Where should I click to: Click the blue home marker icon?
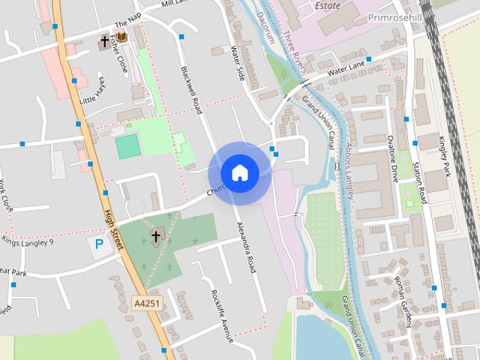point(239,172)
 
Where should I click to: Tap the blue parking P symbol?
point(96,245)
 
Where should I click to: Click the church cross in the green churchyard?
point(156,237)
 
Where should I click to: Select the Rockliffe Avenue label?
point(223,316)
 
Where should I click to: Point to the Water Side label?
point(238,63)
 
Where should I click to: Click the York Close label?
point(7,196)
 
